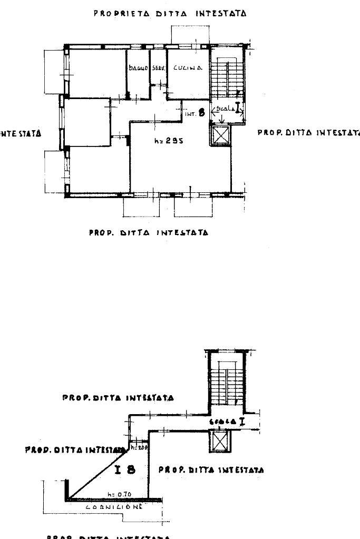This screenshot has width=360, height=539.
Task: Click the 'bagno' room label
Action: click(138, 68)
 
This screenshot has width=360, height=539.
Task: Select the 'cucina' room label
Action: click(184, 67)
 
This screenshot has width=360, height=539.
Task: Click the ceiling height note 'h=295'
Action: click(168, 141)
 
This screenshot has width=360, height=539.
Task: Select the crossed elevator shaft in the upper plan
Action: click(220, 136)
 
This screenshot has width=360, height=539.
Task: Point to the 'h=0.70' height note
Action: click(115, 494)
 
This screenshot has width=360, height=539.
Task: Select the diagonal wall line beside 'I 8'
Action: click(98, 474)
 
